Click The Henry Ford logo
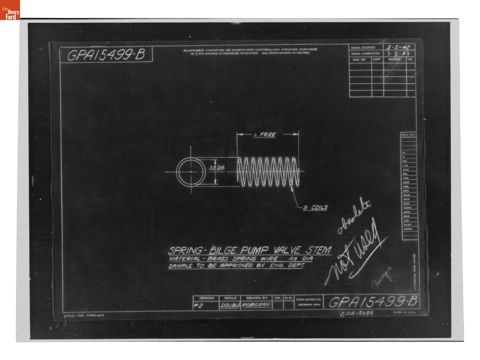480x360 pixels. pos(10,10)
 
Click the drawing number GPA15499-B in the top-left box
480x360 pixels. pos(106,56)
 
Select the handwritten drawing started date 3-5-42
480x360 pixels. pos(399,47)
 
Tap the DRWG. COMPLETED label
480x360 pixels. pos(365,53)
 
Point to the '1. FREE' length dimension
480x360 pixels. pos(264,135)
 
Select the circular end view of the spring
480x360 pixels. pos(191,172)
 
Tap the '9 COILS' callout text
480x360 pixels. pos(315,207)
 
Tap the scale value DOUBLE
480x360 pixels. pos(230,306)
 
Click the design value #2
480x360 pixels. pos(199,306)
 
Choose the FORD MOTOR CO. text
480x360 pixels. pos(308,299)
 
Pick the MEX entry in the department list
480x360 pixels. pos(407,212)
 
